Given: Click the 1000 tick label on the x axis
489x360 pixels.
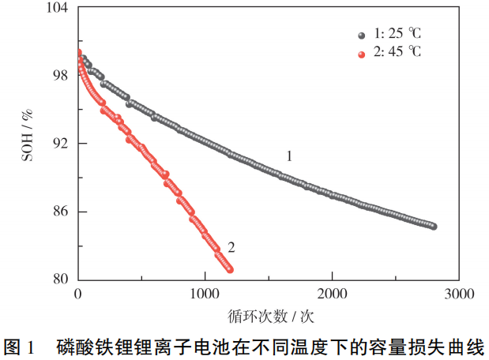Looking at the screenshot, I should pos(205,294).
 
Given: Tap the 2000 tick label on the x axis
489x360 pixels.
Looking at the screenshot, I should pos(333,294).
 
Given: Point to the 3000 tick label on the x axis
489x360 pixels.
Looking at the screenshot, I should pos(459,294).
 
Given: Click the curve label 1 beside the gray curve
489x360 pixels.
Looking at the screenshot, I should pos(289,156).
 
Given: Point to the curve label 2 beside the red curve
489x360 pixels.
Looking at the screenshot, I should pos(231,248).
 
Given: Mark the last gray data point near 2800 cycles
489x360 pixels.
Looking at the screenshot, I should pos(434,227).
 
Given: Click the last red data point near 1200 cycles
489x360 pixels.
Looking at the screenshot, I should pos(230,270).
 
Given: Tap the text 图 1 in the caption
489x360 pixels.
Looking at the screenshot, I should pos(21,345).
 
